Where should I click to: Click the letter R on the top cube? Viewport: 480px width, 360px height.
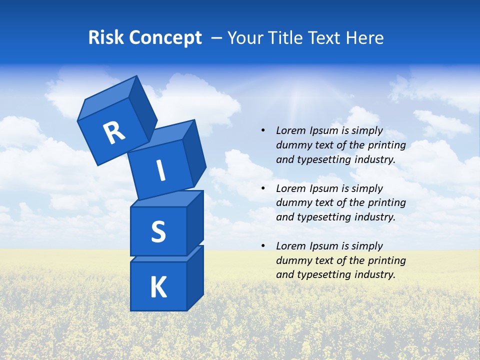[x=114, y=132]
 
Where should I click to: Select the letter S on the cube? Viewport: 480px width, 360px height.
[x=158, y=232]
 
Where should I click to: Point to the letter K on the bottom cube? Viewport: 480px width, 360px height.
[x=158, y=287]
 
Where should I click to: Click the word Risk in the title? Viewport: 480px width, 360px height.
[x=106, y=38]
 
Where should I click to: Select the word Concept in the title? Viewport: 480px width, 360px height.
[x=165, y=38]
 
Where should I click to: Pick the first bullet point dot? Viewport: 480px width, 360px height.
[x=263, y=130]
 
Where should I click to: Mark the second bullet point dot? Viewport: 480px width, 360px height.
[x=263, y=188]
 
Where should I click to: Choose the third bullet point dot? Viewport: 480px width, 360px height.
[x=263, y=246]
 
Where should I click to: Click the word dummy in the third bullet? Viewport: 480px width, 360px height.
[x=292, y=260]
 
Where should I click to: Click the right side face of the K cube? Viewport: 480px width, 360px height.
[x=195, y=277]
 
